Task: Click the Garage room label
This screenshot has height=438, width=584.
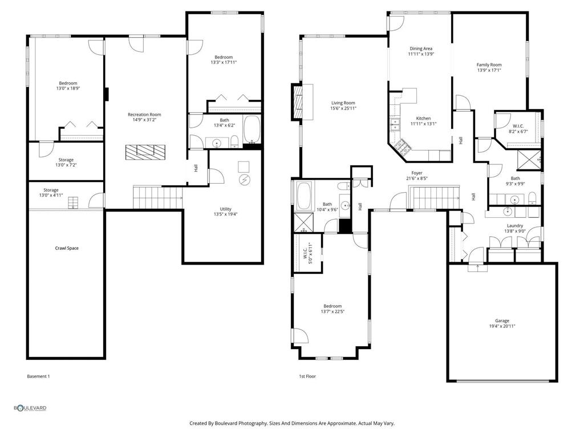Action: pos(502,321)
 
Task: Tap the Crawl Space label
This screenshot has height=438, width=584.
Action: pos(67,248)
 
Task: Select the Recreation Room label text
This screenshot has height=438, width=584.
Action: pos(144,115)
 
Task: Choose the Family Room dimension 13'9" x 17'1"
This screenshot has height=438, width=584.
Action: pos(489,71)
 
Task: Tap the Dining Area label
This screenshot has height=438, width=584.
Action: pos(421,49)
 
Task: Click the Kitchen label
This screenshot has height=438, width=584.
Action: pos(423,118)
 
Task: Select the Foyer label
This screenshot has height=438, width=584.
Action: pos(417,173)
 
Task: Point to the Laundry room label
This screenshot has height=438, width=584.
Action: pos(515,226)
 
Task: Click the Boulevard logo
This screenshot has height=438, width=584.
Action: pos(30,408)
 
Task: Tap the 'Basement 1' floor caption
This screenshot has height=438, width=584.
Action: pos(38,376)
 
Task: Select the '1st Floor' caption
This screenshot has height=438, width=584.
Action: pos(307,376)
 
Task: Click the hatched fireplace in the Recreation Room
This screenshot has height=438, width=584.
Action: pos(145,152)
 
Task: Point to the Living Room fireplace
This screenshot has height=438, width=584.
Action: pos(298,101)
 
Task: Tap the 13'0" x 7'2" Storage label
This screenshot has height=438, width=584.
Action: pos(66,163)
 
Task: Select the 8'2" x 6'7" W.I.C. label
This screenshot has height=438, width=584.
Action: pos(518,128)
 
